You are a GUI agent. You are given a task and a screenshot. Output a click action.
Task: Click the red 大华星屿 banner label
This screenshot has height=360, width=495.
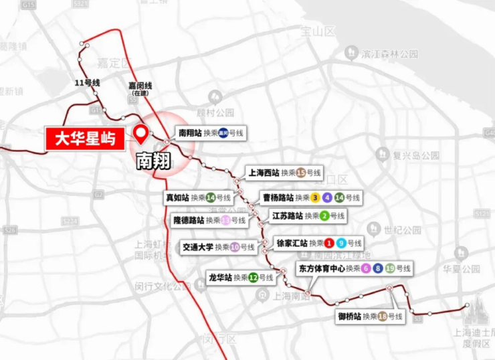84,140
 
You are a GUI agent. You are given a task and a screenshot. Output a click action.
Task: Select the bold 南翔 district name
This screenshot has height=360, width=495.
153,161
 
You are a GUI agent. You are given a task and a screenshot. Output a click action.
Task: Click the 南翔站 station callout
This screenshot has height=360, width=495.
210,133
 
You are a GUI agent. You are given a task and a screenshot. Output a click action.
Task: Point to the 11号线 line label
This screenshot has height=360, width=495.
88,82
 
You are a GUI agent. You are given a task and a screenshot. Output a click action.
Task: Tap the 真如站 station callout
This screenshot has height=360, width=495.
199,197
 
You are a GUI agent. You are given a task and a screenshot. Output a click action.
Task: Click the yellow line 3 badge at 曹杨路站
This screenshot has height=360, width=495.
314,197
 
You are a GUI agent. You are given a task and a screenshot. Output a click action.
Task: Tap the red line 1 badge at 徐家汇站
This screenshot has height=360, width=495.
329,243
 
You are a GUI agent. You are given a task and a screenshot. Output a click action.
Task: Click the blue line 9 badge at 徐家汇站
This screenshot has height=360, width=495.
341,243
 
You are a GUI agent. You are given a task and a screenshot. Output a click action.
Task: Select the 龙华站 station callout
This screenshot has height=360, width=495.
241,276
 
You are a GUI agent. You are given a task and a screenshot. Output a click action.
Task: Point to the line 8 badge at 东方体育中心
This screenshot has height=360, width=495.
378,268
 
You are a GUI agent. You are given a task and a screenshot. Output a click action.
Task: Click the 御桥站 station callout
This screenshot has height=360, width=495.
370,316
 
